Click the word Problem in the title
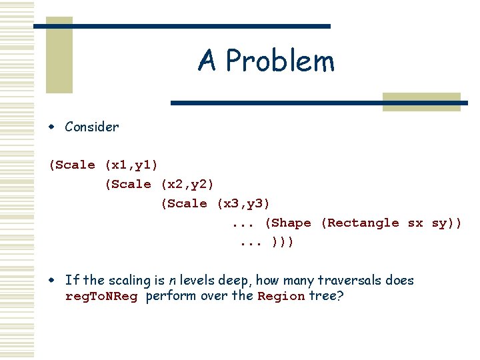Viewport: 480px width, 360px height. point(280,62)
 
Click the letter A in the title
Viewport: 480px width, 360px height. point(207,61)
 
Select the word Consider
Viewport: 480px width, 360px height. point(91,127)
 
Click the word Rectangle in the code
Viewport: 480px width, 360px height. point(363,223)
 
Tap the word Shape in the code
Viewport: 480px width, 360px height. point(292,223)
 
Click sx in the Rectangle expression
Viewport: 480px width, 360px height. point(415,223)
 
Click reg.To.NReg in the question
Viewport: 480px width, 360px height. point(101,297)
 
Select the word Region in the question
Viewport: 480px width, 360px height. point(281,297)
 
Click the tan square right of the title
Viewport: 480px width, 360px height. point(421,102)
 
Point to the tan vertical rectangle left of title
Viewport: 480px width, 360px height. point(59,55)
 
